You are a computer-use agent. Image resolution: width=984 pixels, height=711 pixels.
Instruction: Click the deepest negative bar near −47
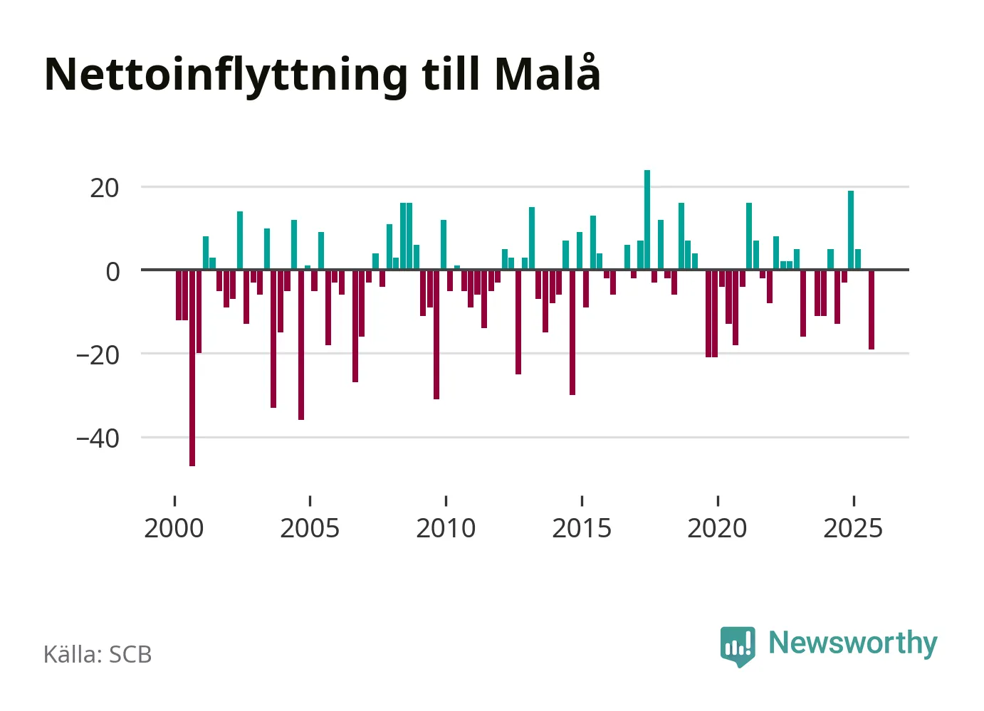(192, 367)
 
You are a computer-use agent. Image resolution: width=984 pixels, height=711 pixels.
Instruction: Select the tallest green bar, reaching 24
(647, 220)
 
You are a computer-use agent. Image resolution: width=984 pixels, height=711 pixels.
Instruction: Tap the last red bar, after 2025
(872, 310)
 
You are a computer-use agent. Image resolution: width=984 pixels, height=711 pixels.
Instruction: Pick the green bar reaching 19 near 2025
(851, 230)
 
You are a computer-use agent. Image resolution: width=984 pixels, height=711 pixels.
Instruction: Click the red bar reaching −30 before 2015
(572, 332)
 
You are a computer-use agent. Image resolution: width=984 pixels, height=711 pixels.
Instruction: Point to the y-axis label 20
(104, 188)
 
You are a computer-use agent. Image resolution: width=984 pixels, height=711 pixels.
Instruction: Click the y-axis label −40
(98, 438)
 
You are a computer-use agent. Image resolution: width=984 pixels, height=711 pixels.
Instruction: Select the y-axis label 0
(112, 271)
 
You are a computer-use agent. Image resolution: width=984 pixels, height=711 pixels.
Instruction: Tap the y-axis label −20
(98, 354)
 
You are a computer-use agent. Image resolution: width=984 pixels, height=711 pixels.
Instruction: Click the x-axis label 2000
(174, 529)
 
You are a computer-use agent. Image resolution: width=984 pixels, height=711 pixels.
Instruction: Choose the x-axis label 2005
(310, 529)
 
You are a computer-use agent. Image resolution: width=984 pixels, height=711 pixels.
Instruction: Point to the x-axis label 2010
(446, 529)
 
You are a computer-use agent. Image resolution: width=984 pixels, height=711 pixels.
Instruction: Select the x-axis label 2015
(582, 529)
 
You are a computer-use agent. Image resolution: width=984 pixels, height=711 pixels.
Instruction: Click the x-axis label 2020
(717, 529)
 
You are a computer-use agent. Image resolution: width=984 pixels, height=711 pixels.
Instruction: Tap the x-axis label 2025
(853, 529)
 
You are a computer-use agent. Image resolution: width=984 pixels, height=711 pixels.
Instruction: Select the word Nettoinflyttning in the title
(226, 75)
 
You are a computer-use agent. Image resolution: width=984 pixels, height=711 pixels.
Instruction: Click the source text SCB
(130, 655)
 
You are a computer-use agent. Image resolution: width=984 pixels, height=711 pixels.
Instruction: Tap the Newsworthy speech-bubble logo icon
(738, 646)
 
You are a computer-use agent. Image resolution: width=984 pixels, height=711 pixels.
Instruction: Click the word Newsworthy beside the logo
(852, 643)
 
